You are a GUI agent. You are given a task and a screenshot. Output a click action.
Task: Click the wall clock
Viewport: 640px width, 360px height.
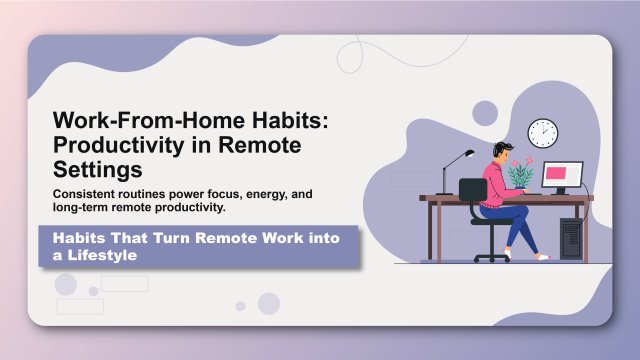tap(542, 133)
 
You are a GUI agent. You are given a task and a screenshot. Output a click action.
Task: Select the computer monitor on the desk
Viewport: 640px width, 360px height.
tap(562, 177)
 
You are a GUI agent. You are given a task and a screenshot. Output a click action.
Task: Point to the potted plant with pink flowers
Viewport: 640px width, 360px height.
tap(521, 171)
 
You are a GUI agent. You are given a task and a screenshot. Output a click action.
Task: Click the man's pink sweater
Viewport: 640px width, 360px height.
tap(497, 180)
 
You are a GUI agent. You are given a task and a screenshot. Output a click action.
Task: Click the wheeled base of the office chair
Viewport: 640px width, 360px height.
tap(491, 256)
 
